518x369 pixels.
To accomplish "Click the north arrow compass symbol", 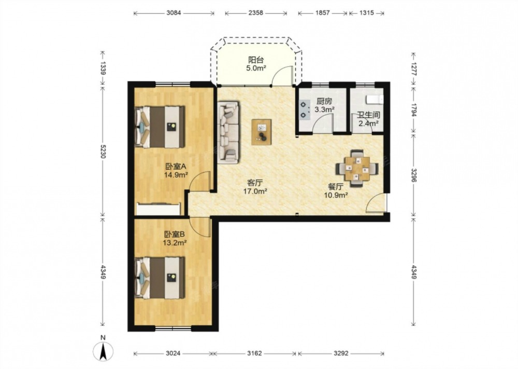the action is pos(103,351).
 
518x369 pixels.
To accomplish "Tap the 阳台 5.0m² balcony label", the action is pos(256,64).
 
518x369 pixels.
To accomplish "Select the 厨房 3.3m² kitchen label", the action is pos(324,105).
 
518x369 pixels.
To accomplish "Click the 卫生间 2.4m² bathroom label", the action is pos(369,119).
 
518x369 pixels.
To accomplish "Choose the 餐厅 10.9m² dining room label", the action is pos(336,191).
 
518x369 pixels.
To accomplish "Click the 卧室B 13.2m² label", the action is pos(175,239).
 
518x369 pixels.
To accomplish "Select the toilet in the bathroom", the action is pos(375,99).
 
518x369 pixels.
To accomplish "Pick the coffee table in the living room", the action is pos(261,132).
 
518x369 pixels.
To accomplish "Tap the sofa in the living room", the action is pos(228,132).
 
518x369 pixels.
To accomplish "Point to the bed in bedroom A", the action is pos(160,127).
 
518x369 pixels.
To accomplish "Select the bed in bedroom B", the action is pos(160,278).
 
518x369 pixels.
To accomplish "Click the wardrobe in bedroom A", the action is pos(159,209).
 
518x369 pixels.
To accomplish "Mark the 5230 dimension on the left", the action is pos(103,151).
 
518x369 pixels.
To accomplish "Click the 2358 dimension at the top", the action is pos(256,13).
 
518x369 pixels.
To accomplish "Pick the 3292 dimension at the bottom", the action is pos(341,353).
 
